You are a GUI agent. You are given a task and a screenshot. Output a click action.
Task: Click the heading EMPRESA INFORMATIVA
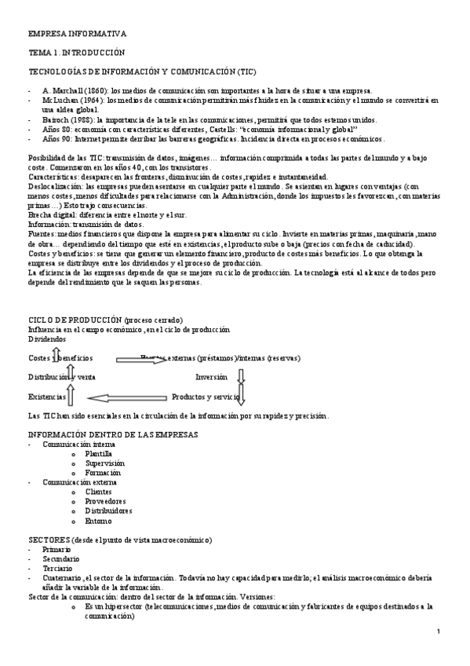(76, 35)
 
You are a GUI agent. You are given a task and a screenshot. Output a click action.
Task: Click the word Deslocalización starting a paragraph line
(56, 187)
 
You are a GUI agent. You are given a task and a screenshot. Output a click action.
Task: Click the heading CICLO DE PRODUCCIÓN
(75, 320)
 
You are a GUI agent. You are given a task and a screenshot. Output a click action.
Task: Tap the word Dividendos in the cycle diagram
(48, 338)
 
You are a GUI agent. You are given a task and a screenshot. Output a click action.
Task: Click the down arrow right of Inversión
(242, 377)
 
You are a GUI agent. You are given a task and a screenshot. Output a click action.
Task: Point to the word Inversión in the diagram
(212, 377)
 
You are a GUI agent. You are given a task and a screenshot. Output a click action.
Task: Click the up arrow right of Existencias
(70, 395)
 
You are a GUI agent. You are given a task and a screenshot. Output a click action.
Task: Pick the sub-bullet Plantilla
(99, 454)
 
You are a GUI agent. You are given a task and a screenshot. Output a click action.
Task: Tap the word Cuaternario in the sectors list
(62, 577)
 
